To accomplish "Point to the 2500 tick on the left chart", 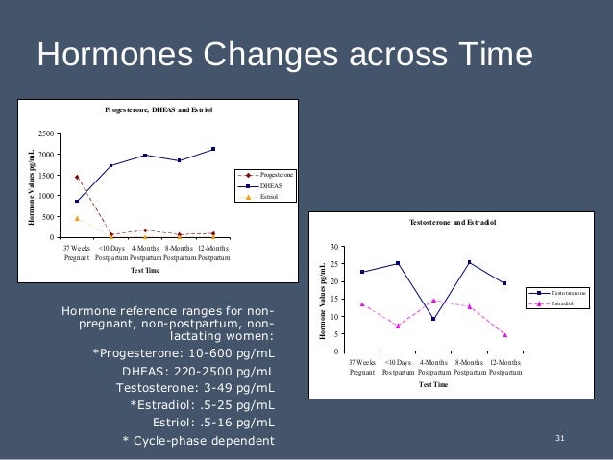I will coord(46,133).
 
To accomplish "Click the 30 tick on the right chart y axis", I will coord(333,248).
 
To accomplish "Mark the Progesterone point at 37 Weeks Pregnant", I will coord(77,177).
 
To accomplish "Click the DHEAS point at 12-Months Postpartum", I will coord(213,149).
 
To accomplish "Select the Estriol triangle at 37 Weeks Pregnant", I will coord(77,218).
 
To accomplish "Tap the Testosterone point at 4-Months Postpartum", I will coord(433,319).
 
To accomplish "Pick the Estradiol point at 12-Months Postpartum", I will coord(504,334).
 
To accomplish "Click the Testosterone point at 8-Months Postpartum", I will coord(469,262).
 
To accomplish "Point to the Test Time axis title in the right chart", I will coord(433,384).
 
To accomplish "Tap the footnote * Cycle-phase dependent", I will coord(198,441).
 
